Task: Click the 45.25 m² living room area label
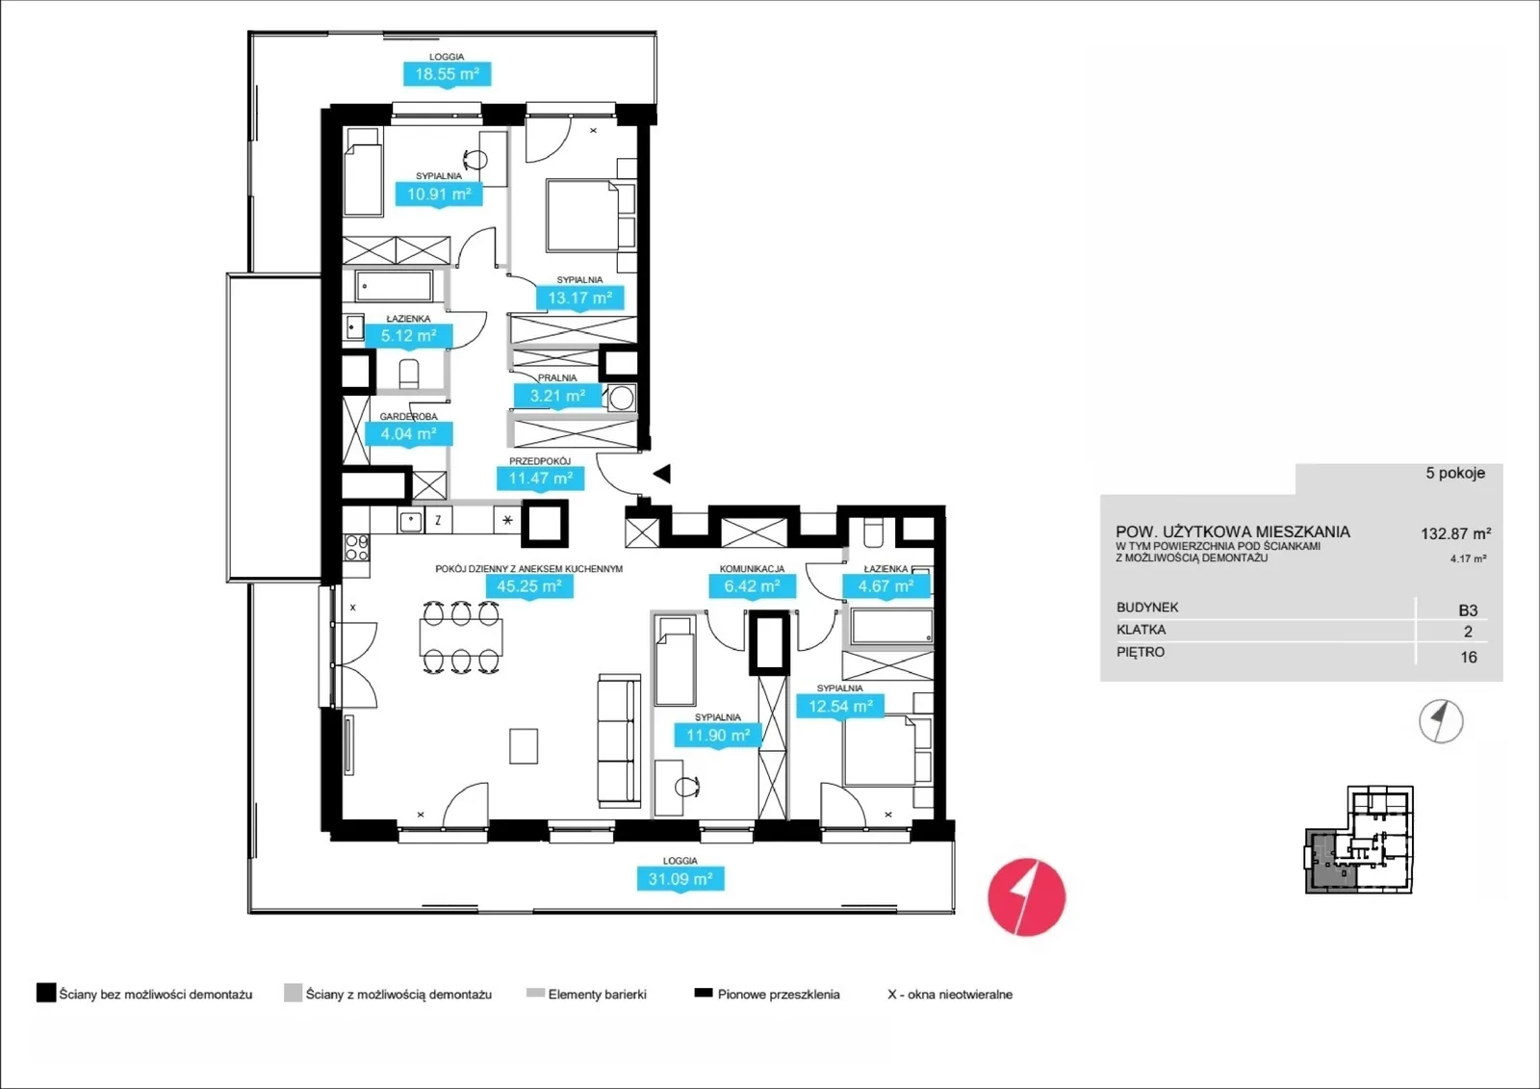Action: click(529, 586)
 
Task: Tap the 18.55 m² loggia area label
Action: click(447, 74)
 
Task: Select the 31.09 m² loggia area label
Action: click(680, 878)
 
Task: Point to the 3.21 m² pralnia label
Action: click(557, 397)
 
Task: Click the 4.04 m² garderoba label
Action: click(408, 434)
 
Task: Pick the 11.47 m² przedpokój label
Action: click(540, 479)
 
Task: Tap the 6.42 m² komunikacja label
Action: click(752, 586)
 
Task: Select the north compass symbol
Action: click(1441, 721)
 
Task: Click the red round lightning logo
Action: click(1026, 897)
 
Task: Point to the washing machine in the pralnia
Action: click(622, 399)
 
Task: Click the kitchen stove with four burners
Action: click(356, 548)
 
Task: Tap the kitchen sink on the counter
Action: click(410, 521)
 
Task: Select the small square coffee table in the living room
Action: click(524, 746)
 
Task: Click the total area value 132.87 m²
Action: click(1456, 533)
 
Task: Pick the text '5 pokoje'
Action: click(1455, 474)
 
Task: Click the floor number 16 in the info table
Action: click(1469, 657)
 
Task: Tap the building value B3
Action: click(1468, 610)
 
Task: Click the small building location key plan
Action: click(1359, 840)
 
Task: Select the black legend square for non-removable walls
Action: click(46, 993)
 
